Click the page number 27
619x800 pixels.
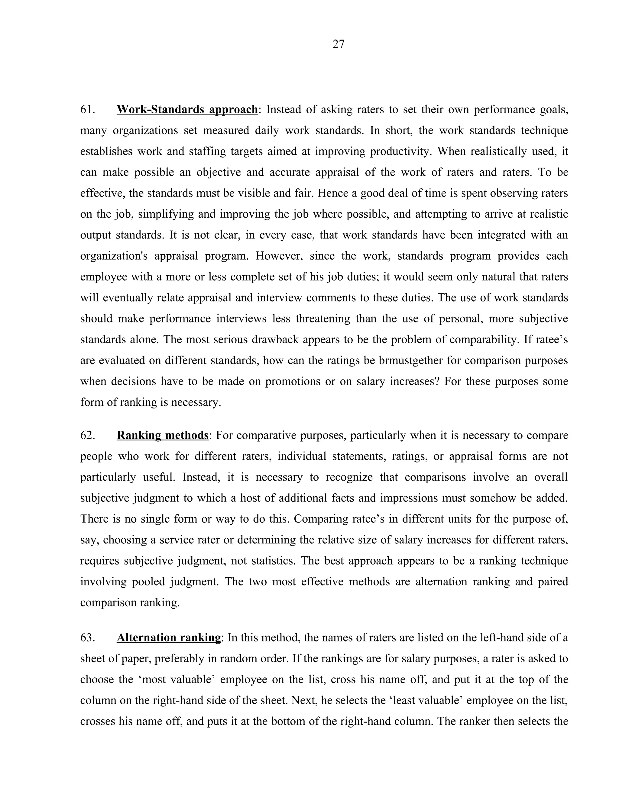[338, 44]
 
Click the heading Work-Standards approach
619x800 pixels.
[187, 110]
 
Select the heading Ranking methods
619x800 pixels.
[162, 436]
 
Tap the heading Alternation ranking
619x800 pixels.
[168, 638]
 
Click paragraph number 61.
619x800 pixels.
[88, 110]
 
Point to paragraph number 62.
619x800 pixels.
[88, 436]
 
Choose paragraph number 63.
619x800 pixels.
[88, 638]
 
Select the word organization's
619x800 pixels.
[114, 256]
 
